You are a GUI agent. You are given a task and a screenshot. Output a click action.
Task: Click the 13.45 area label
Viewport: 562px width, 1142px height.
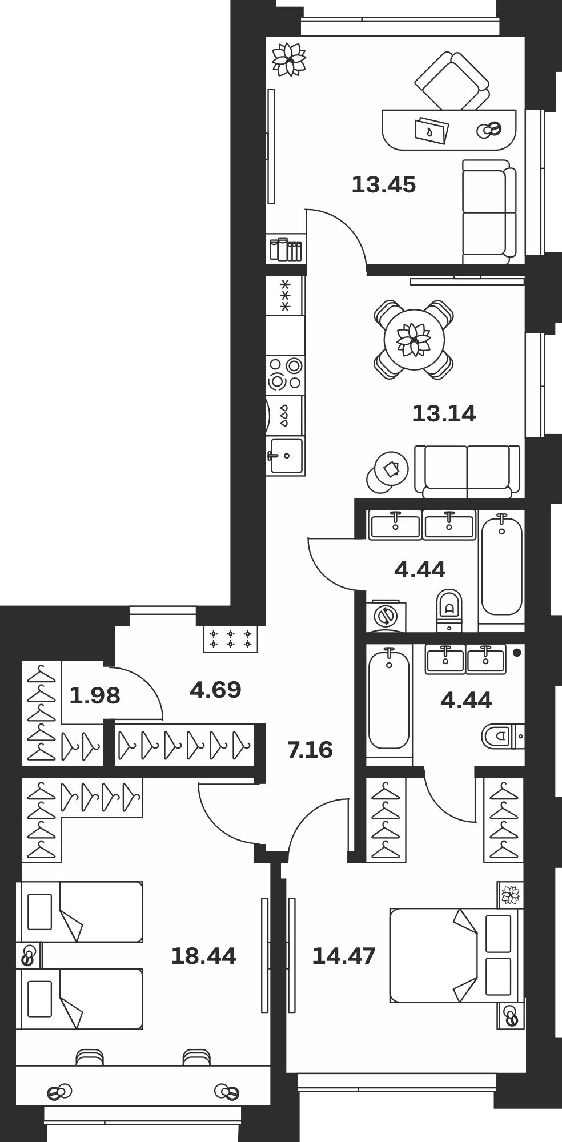click(x=383, y=185)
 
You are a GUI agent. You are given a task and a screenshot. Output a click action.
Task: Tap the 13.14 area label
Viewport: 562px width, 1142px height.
click(x=444, y=413)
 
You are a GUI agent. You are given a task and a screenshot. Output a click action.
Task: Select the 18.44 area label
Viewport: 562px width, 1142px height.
click(x=203, y=956)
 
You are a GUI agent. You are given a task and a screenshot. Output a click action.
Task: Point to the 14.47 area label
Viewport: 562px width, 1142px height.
click(x=343, y=956)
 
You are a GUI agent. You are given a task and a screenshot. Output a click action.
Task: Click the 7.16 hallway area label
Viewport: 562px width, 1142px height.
click(x=310, y=750)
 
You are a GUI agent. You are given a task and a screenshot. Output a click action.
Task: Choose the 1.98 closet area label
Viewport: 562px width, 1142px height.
click(x=95, y=695)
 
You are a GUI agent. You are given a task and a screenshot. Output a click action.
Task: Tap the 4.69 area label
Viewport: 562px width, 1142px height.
click(x=215, y=690)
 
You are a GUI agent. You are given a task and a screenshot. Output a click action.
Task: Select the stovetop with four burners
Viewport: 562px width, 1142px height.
click(x=285, y=374)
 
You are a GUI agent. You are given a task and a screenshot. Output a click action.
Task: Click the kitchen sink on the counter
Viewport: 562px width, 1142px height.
click(x=285, y=455)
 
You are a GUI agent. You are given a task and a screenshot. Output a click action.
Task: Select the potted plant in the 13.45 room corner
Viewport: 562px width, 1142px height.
click(x=289, y=59)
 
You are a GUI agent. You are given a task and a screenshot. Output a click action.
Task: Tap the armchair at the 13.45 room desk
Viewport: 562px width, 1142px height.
click(x=452, y=82)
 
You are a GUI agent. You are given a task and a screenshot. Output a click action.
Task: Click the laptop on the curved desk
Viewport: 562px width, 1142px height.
click(x=431, y=130)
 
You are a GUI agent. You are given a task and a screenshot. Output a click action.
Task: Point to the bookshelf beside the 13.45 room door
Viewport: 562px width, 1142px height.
click(x=286, y=249)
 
